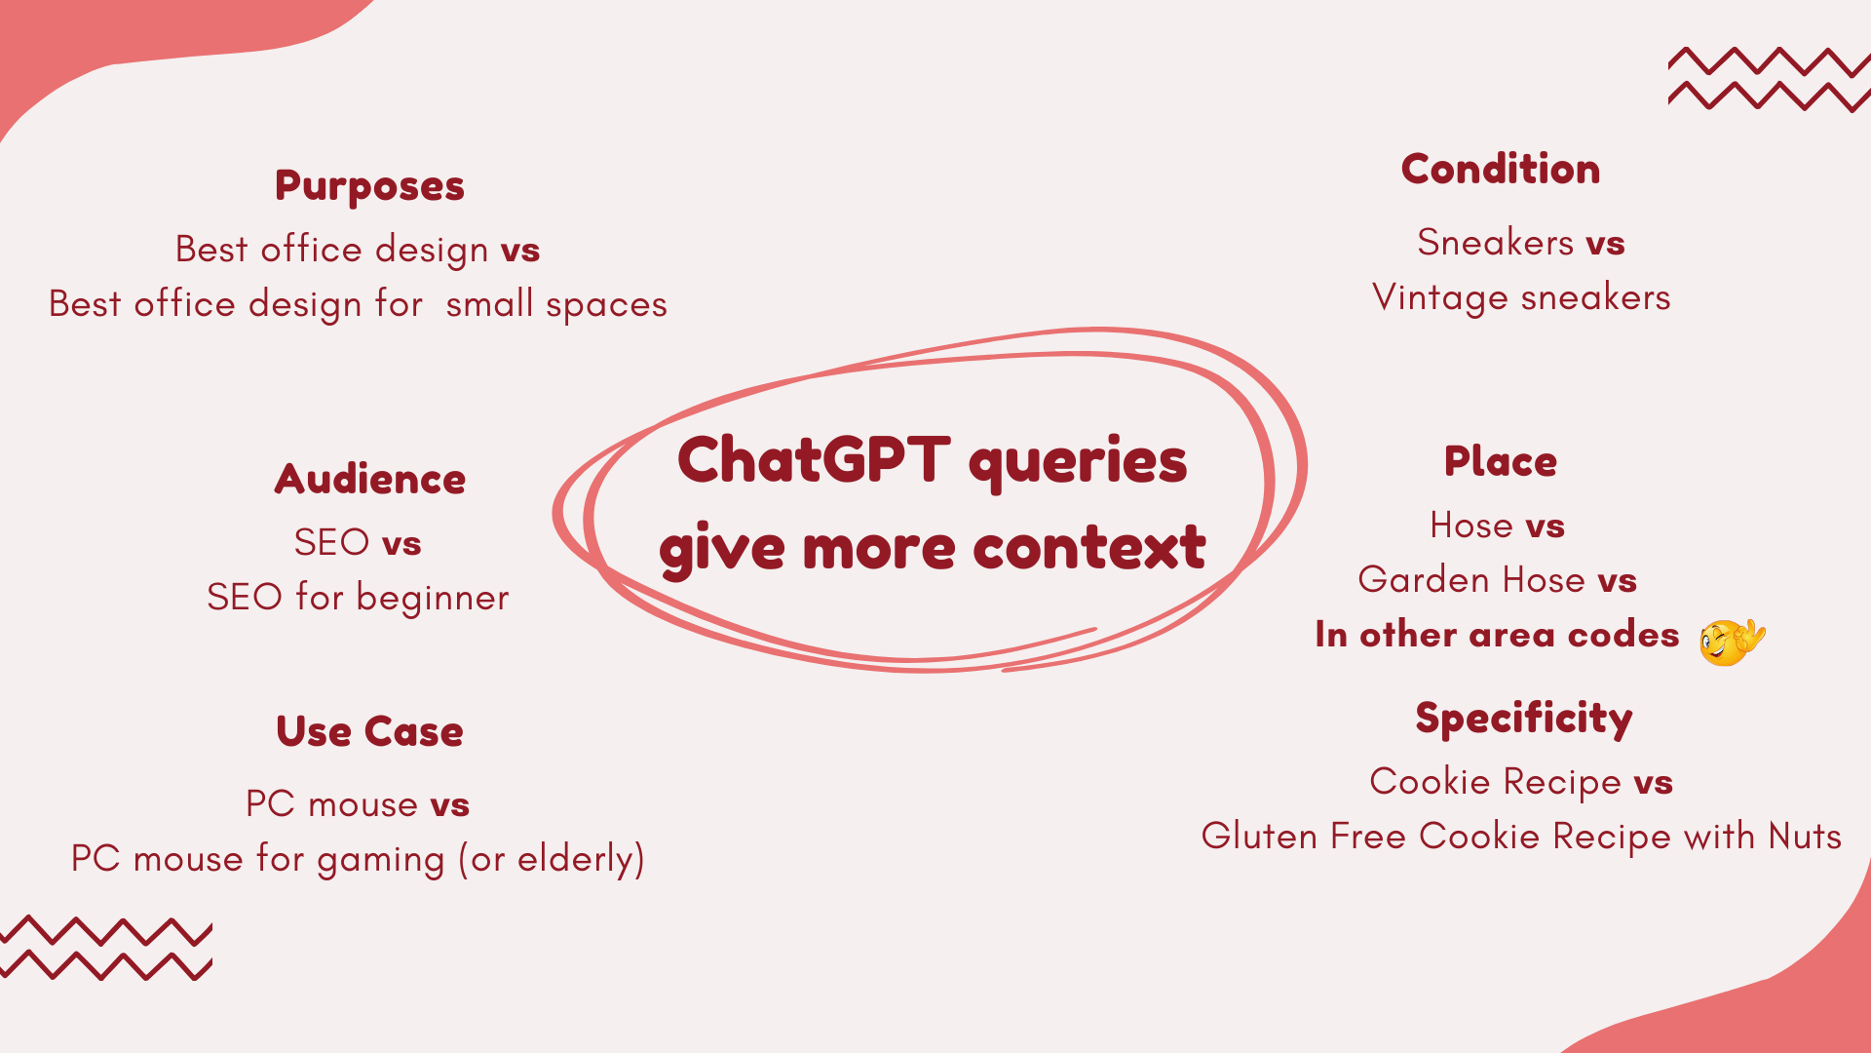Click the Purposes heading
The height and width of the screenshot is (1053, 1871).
click(369, 186)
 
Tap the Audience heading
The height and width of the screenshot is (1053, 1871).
click(370, 479)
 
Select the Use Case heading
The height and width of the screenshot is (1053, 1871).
click(370, 731)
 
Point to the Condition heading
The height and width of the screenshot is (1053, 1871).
click(1501, 169)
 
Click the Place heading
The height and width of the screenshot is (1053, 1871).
click(1501, 461)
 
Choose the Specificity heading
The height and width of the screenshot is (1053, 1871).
click(1524, 720)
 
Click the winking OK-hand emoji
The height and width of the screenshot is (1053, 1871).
click(1732, 642)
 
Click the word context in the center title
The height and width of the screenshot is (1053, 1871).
click(1089, 547)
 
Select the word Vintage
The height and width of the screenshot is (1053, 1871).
click(1440, 298)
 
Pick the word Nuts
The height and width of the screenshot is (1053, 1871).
click(1805, 837)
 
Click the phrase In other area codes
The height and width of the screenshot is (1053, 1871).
click(1497, 635)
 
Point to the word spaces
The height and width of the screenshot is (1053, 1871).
click(606, 306)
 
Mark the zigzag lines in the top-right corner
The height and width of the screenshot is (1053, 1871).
click(1769, 79)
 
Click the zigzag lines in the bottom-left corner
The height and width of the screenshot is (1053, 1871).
click(105, 948)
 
